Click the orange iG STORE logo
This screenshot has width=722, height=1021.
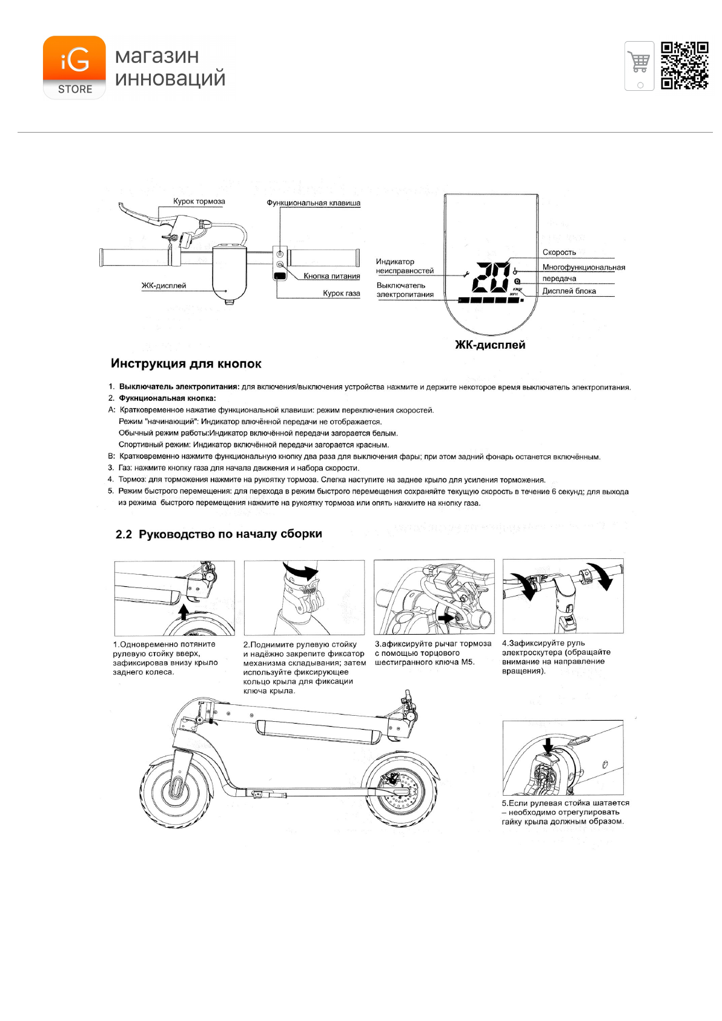74,67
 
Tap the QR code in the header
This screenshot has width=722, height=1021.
684,65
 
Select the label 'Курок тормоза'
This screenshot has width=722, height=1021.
199,202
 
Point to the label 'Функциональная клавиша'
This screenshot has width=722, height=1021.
313,203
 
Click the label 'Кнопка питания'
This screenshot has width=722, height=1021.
331,276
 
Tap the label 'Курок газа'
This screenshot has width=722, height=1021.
341,293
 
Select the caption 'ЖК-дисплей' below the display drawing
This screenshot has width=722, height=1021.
490,345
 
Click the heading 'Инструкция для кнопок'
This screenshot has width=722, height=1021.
186,364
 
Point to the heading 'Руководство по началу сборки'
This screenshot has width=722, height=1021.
230,534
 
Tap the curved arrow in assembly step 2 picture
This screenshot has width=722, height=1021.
303,571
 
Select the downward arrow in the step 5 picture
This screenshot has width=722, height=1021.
548,745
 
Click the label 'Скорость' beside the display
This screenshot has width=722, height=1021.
558,253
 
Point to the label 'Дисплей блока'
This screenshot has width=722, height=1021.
569,291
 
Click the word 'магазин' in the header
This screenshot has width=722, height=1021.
157,56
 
